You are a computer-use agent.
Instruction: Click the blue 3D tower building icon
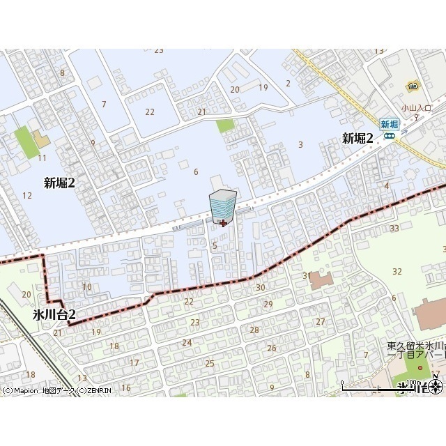222,203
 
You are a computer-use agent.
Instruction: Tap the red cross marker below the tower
222,223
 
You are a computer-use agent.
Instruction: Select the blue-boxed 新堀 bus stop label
389,124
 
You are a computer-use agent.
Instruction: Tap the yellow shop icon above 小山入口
413,86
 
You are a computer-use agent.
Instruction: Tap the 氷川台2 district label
54,316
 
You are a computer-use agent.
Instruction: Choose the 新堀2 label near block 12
59,183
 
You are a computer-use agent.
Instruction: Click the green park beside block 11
25,143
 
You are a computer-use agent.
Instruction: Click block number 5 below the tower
215,245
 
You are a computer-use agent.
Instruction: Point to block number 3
300,144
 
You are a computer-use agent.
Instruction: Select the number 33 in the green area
394,228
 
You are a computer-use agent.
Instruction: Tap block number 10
87,286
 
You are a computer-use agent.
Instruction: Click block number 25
209,363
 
